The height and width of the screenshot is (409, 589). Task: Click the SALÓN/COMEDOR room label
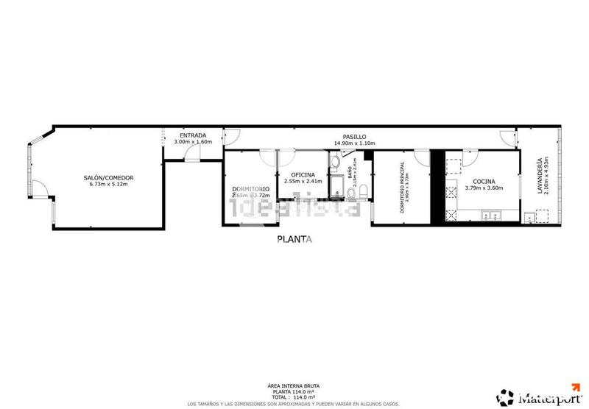coord(108,178)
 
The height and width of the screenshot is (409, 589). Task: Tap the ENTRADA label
coord(193,135)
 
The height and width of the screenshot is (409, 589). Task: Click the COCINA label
coord(484,181)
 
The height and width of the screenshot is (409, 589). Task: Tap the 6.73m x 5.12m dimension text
coord(108,185)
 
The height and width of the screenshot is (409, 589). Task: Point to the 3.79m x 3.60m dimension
coord(484,188)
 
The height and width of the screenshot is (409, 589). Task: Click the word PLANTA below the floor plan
coord(294,238)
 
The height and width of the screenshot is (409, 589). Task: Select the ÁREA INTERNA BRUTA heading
coord(294,386)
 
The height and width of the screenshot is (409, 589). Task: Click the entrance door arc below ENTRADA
coord(192,154)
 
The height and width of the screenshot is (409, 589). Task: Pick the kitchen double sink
coord(491,216)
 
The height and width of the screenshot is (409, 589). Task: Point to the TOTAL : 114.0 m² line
coord(294,397)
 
